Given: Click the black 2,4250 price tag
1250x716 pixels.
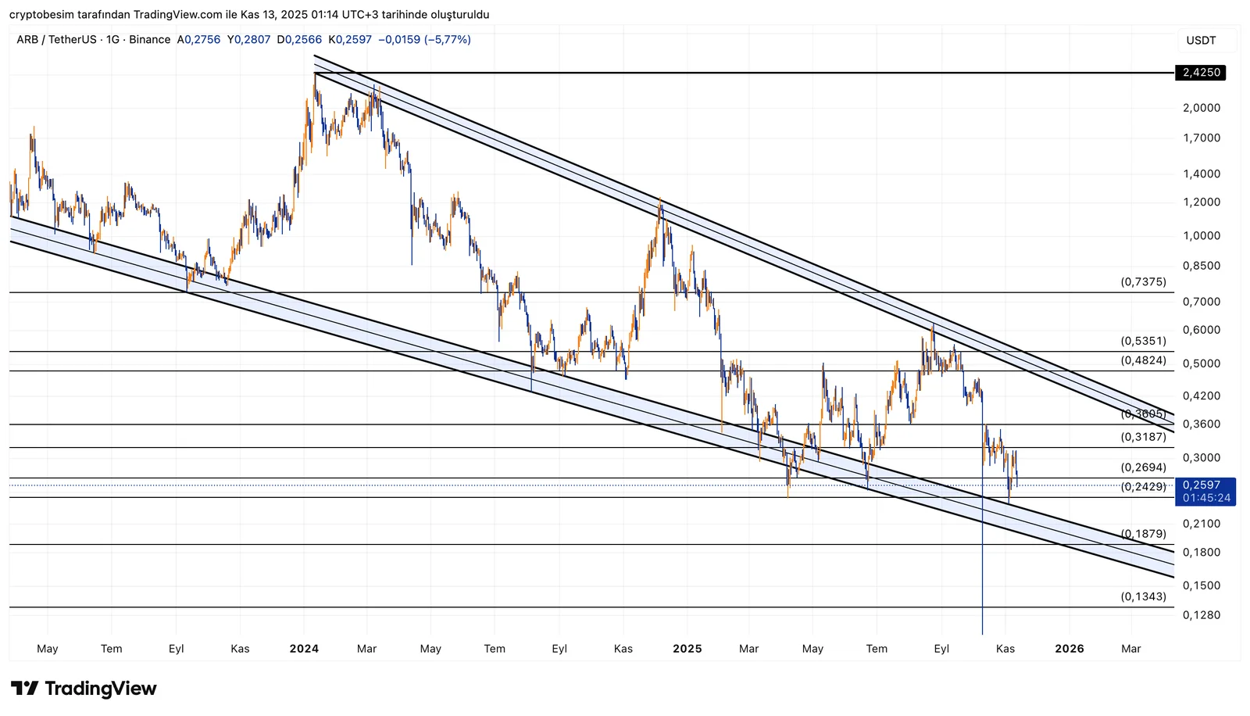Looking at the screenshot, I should click(1201, 73).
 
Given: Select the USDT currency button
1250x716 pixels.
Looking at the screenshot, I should click(1201, 41).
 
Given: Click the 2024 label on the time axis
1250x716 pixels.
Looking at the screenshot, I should click(304, 649).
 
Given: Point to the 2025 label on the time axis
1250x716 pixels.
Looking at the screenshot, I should click(687, 649).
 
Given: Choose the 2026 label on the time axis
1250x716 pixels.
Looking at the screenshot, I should click(1070, 649).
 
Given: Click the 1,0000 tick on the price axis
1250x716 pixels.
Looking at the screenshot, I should click(1201, 236).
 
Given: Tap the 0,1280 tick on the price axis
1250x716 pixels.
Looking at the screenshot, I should click(1201, 615).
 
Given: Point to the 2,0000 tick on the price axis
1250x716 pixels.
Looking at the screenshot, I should click(1201, 108).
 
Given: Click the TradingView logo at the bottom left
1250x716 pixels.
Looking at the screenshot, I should click(84, 689).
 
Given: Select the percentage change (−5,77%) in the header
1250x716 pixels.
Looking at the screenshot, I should click(447, 40).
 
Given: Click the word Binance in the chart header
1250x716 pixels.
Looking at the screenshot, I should click(149, 40).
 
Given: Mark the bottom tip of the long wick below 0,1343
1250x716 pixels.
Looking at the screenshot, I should click(982, 634).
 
